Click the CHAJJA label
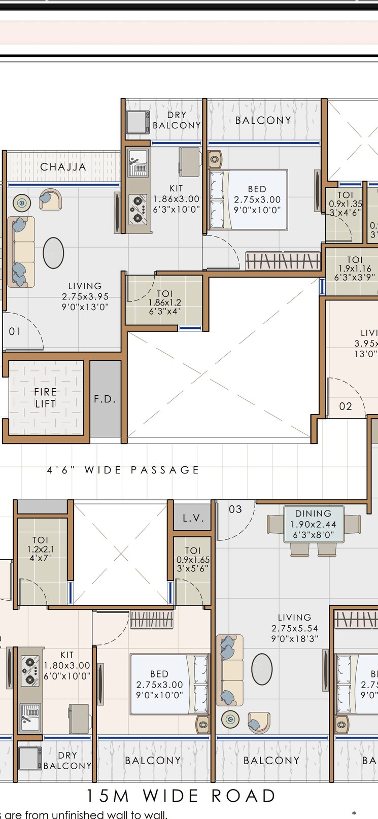[x=63, y=167]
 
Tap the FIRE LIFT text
[x=45, y=398]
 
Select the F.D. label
[x=105, y=399]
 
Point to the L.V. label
[x=193, y=518]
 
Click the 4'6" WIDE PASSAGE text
[x=123, y=470]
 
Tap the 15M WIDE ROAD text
[x=181, y=796]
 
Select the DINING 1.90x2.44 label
[x=313, y=524]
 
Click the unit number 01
[x=15, y=331]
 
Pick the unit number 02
[x=346, y=406]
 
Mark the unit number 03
[x=235, y=509]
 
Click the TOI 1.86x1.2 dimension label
[x=164, y=302]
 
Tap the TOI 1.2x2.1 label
[x=41, y=549]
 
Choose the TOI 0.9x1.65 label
[x=193, y=560]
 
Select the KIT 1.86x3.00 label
[x=176, y=199]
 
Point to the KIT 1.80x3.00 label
[x=67, y=665]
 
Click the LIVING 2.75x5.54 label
[x=295, y=628]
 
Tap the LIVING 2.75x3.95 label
[x=85, y=297]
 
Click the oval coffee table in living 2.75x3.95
[x=53, y=253]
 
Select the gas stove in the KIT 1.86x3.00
[x=138, y=209]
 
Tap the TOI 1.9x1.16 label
[x=355, y=268]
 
